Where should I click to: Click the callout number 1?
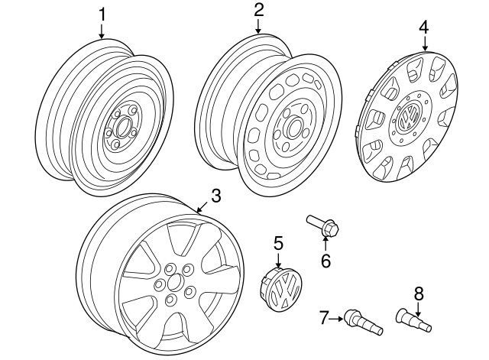tap(102, 14)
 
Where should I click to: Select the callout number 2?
tap(258, 10)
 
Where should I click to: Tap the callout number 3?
tap(215, 196)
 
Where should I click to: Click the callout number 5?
tap(278, 243)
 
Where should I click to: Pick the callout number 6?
tap(325, 261)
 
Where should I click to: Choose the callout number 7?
tap(324, 316)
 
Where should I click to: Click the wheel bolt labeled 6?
tap(325, 225)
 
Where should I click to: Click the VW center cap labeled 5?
tap(282, 290)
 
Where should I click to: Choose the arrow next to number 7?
tap(336, 316)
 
